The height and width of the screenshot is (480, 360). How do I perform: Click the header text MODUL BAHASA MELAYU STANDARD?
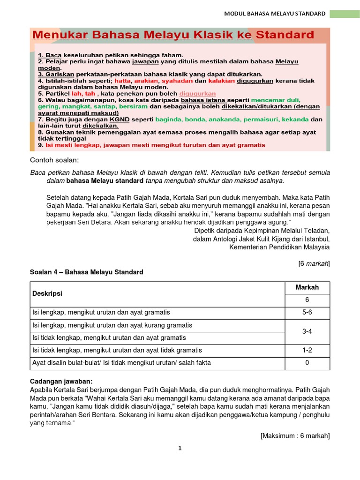click(x=275, y=14)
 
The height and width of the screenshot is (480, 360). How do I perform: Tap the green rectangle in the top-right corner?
click(x=344, y=14)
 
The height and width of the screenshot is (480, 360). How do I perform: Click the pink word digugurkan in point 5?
click(x=198, y=94)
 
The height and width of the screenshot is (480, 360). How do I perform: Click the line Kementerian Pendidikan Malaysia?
click(x=279, y=247)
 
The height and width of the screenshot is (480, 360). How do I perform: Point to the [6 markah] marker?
click(x=314, y=263)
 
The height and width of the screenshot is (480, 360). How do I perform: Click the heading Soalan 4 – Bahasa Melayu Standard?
click(x=87, y=272)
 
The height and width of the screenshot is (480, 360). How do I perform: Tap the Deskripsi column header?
click(x=47, y=293)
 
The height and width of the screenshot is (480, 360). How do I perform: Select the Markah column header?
click(x=307, y=287)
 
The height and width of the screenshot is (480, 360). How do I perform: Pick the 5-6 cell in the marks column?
click(x=307, y=312)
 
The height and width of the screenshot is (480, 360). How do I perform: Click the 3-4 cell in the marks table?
click(x=307, y=331)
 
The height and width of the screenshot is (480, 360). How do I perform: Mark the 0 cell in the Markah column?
click(x=307, y=363)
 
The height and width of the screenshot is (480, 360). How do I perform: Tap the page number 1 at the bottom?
click(x=180, y=448)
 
